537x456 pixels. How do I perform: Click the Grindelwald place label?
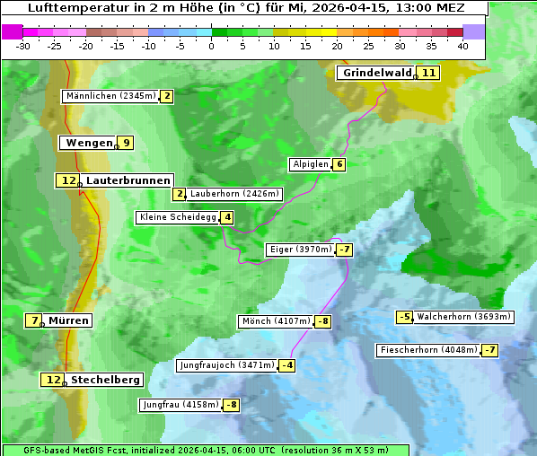click(377, 73)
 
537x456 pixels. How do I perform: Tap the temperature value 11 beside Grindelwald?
click(429, 73)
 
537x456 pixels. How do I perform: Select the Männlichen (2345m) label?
click(111, 96)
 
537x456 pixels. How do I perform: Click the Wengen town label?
click(89, 143)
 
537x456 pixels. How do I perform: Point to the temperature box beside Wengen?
click(127, 143)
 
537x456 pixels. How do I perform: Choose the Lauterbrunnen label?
click(128, 180)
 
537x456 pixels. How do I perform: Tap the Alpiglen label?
click(311, 164)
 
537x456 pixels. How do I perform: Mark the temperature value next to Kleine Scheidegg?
click(228, 217)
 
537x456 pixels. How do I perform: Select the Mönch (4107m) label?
click(276, 321)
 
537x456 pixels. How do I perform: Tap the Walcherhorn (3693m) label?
click(464, 317)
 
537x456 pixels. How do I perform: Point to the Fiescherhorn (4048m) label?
click(429, 350)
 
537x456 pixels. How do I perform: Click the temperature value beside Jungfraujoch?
click(287, 365)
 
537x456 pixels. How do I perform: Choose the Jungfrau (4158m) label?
click(180, 405)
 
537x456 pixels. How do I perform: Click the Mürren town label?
click(68, 320)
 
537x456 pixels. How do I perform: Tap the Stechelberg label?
click(106, 380)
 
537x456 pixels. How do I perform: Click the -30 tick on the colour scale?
click(23, 46)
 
